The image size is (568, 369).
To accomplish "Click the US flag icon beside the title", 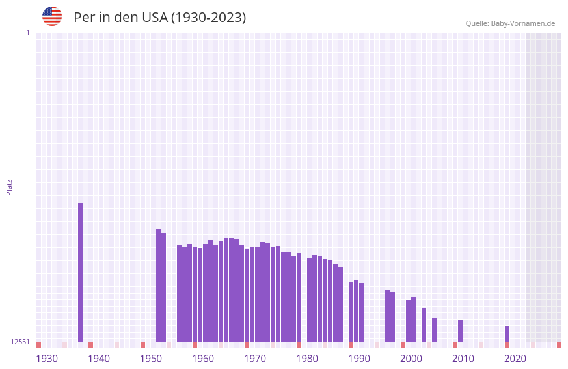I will pos(52,16).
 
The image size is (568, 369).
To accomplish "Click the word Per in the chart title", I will pos(84,18).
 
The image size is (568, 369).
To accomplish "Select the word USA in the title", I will pos(154,18).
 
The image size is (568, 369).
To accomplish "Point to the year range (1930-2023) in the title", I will pos(208,18).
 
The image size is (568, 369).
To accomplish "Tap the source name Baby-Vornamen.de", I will pos(523,23).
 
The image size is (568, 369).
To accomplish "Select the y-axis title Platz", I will pos(9,187).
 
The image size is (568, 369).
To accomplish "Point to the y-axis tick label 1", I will pos(27,33).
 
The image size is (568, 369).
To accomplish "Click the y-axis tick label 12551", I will pos(20,342).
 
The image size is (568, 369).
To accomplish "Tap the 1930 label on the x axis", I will pos(47,359).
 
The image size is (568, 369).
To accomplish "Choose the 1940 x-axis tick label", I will pos(99,359).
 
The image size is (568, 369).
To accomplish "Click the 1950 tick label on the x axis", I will pos(151,359).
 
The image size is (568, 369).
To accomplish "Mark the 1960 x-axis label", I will pos(203,359).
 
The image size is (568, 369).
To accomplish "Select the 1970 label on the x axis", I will pos(255,359).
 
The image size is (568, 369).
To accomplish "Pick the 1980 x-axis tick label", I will pos(307,359).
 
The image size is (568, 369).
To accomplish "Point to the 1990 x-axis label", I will pos(359,359).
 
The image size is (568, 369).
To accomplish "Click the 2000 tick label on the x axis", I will pos(411,359).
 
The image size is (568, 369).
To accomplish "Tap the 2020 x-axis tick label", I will pos(515,359).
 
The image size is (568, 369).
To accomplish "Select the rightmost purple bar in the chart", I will pos(507,334).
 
